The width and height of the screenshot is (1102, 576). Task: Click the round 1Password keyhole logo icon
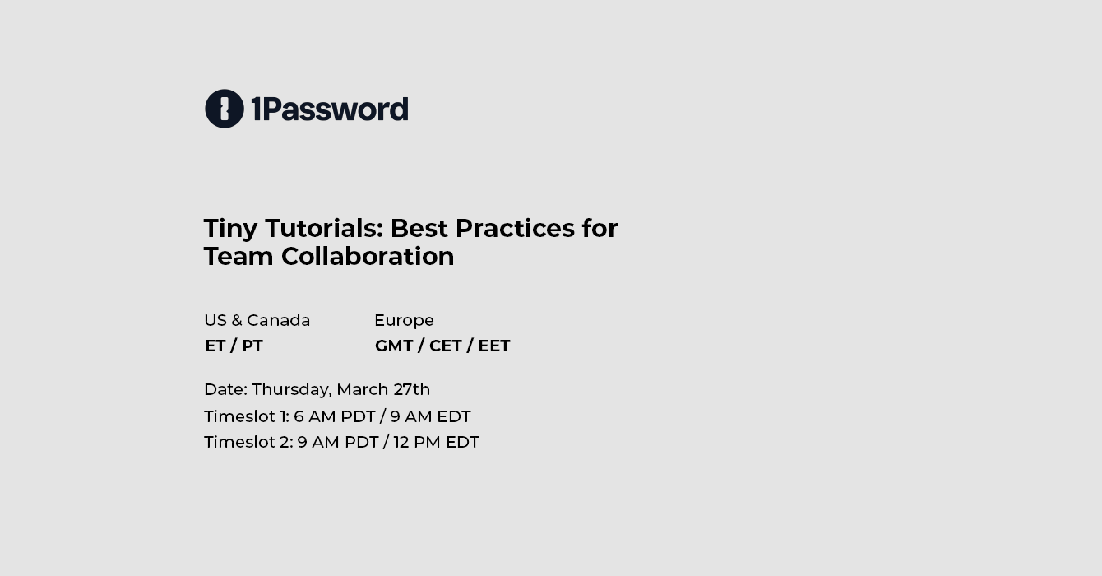225,109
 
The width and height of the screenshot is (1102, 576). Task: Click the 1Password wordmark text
330,109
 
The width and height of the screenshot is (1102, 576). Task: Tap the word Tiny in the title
230,230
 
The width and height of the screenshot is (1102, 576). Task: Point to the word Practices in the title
515,229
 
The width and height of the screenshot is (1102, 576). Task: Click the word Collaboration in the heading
368,257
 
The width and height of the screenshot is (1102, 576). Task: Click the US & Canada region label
257,320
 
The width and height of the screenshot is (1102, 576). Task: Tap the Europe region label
404,321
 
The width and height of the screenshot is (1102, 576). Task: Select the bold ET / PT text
234,346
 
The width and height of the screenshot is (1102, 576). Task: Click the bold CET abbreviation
445,346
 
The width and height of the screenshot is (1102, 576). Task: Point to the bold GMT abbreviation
394,346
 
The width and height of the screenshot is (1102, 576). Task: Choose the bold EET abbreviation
494,346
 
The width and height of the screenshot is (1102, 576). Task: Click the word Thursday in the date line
292,390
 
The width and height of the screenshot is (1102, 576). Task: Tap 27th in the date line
412,389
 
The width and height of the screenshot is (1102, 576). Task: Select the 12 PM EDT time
437,442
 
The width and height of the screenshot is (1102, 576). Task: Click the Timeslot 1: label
247,416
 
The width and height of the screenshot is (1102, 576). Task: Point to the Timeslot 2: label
249,442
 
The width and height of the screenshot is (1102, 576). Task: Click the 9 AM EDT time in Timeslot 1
430,416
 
